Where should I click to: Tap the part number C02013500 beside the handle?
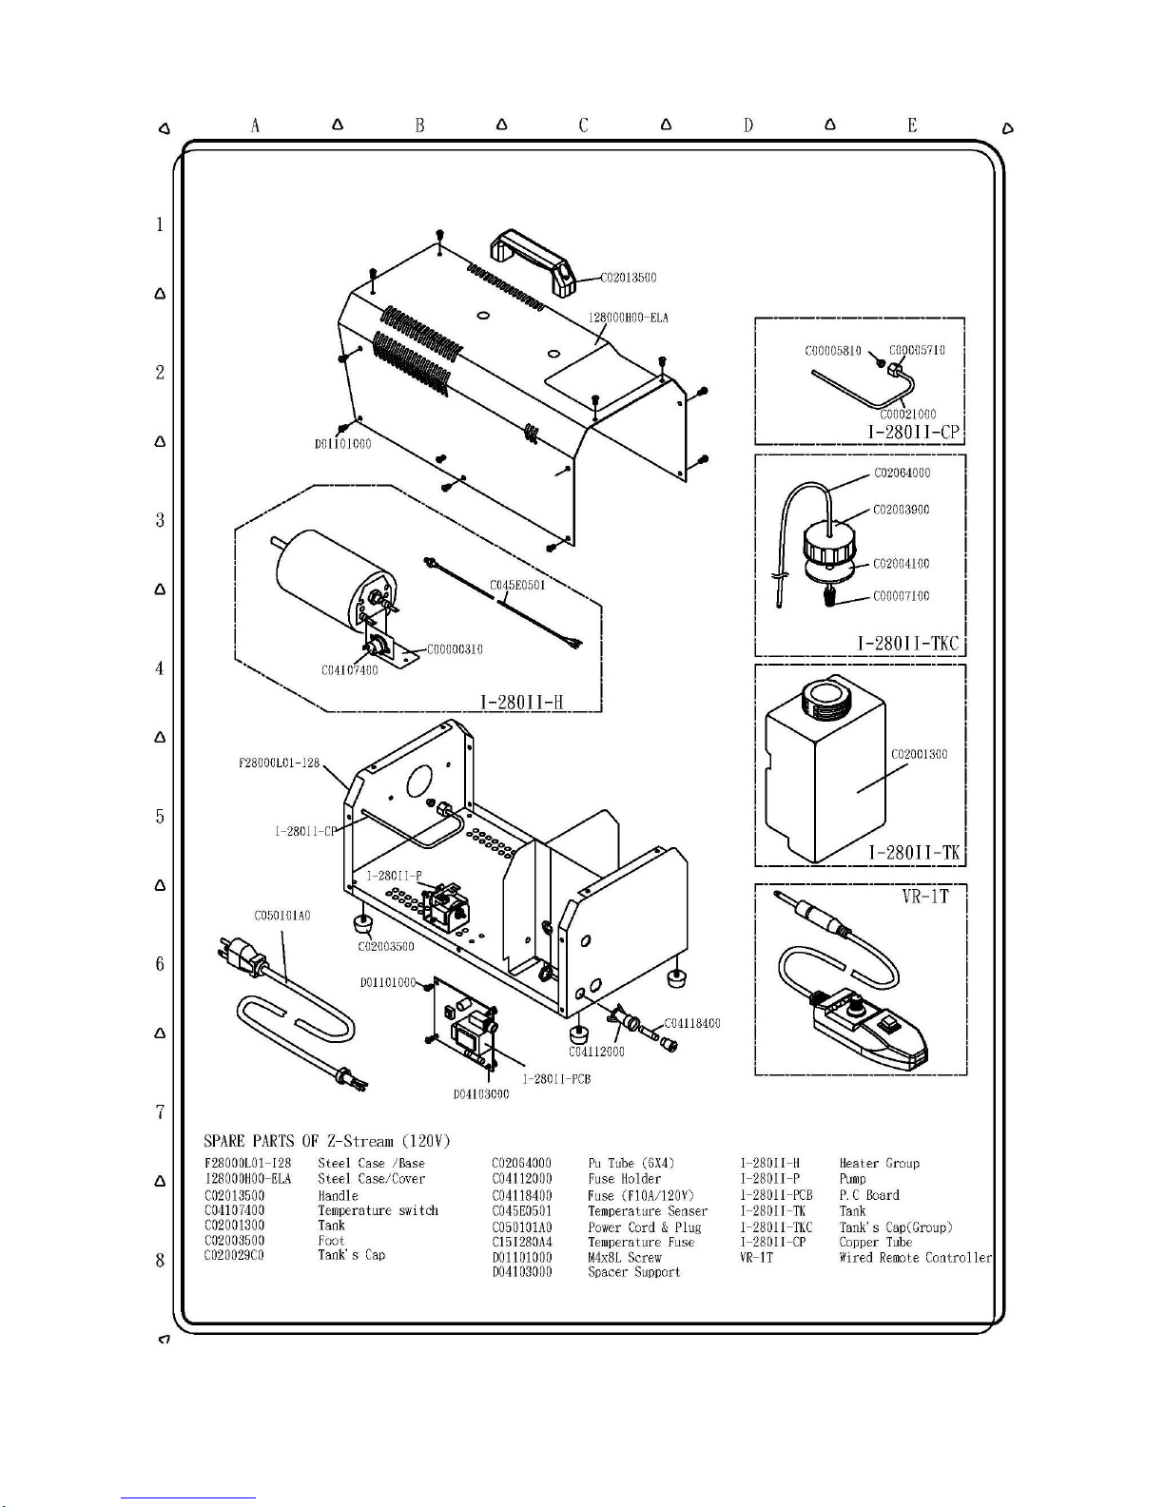click(x=629, y=278)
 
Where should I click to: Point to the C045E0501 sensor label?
click(x=517, y=585)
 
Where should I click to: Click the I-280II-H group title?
click(x=522, y=702)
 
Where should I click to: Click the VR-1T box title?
click(x=925, y=896)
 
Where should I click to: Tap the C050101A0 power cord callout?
click(x=282, y=916)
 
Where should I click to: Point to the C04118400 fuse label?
click(x=691, y=1023)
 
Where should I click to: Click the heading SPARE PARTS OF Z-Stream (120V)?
click(x=327, y=1140)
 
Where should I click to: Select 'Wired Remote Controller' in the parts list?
click(x=915, y=1257)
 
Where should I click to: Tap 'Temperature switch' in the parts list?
click(x=378, y=1210)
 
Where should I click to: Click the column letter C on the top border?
click(x=583, y=126)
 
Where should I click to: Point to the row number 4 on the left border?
click(x=160, y=668)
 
